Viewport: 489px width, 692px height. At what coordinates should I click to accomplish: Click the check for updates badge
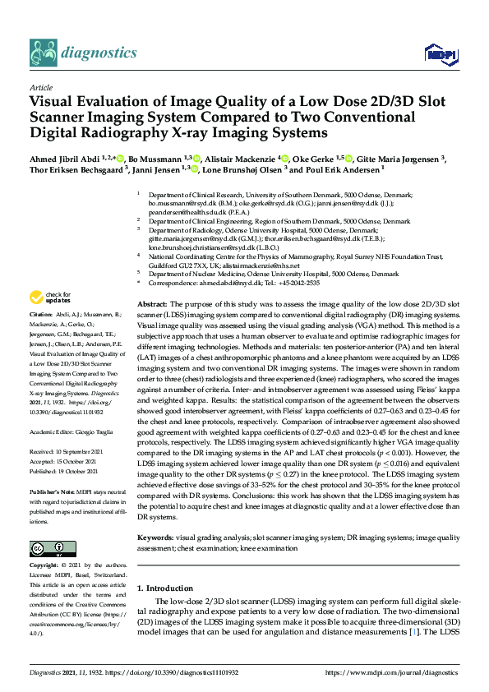(x=50, y=297)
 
